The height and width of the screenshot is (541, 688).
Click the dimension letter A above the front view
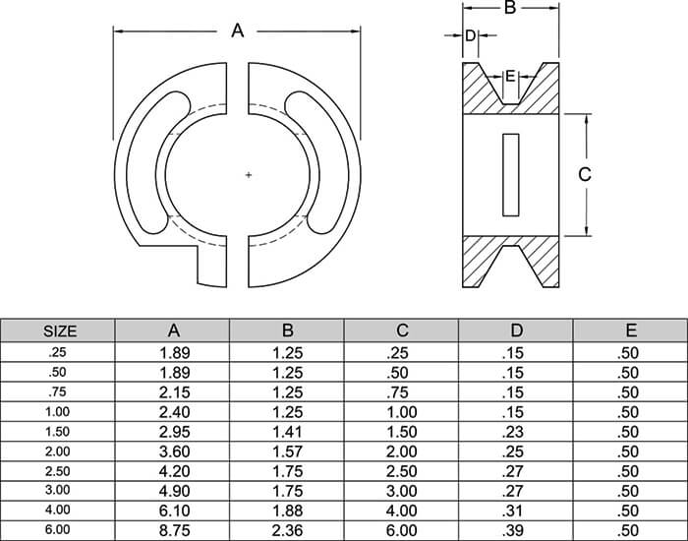click(237, 31)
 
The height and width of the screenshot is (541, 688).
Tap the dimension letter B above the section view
click(509, 9)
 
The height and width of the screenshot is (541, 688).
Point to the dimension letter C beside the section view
click(584, 174)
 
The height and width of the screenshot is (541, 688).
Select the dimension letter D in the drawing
click(470, 35)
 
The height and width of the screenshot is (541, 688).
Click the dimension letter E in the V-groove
click(509, 76)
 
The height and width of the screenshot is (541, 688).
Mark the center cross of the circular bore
click(248, 175)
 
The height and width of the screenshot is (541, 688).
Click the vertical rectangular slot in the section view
click(509, 173)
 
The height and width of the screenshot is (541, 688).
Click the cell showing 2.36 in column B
click(288, 531)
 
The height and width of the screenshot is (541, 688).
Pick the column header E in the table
click(630, 331)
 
